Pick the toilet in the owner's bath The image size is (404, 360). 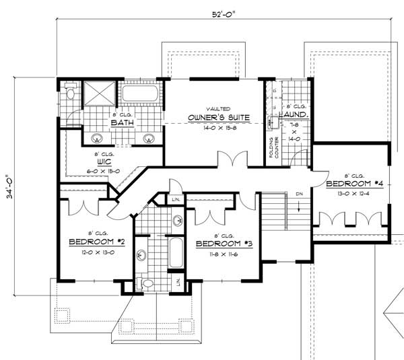(x=70, y=97)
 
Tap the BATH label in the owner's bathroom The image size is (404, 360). (x=121, y=123)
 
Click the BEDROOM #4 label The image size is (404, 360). (x=353, y=184)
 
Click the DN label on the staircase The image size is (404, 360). (x=298, y=194)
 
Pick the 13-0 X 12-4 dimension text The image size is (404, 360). (x=353, y=193)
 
